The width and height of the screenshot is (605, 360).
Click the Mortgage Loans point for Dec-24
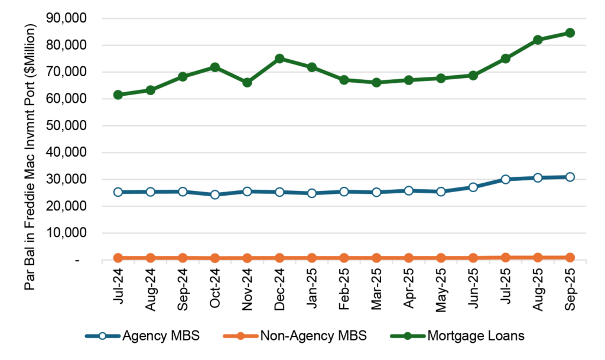279,59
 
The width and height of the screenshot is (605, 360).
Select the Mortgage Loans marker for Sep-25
570,33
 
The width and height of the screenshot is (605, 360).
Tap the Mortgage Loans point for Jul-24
118,95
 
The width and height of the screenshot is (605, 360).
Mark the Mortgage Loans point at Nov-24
247,82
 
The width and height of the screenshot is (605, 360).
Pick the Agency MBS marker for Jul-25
505,179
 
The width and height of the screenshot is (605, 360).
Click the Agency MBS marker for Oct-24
215,194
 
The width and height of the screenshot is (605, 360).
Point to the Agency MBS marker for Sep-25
570,177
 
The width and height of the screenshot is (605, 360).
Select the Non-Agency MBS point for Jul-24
118,258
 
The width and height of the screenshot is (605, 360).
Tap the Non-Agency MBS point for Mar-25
376,258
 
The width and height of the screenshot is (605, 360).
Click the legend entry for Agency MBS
143,336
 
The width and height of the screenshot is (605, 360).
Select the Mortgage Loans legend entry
458,336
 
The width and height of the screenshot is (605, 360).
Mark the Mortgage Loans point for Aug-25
538,40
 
